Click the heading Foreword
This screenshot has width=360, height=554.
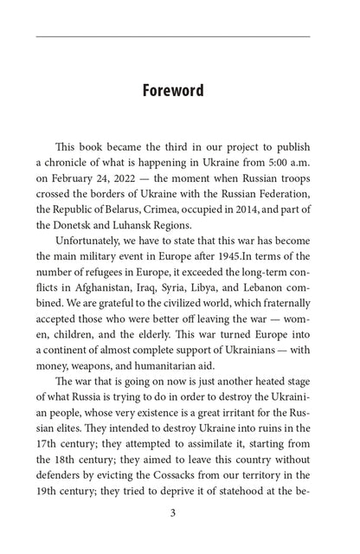pos(179,90)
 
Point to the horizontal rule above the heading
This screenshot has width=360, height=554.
pos(179,36)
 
